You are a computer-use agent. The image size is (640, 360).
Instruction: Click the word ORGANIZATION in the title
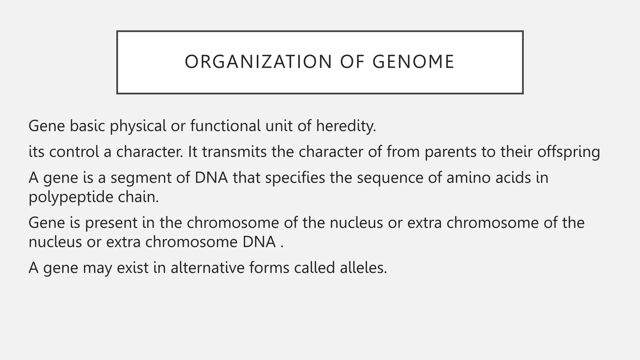[x=258, y=62]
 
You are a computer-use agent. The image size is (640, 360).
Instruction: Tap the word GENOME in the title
[x=413, y=62]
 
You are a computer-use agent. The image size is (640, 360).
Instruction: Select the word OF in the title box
[x=352, y=62]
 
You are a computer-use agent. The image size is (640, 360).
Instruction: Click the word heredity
[x=346, y=126]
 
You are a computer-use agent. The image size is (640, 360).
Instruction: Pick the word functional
[x=225, y=126]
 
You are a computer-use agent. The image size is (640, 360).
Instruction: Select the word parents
[x=450, y=152]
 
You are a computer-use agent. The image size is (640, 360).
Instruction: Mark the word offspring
[x=568, y=152]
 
